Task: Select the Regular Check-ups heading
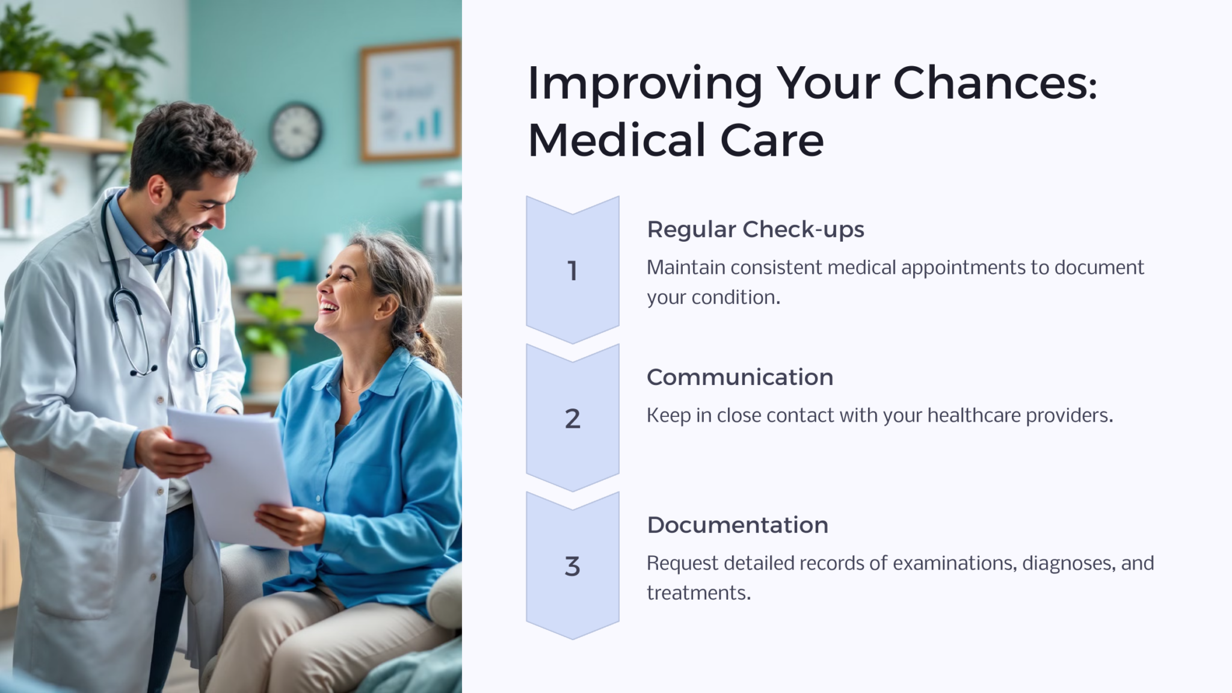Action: (756, 229)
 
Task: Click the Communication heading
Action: (740, 377)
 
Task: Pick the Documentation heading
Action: (738, 525)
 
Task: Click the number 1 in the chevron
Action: (572, 271)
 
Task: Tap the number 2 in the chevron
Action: (573, 418)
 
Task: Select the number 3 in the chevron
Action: (573, 566)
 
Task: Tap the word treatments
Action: (699, 593)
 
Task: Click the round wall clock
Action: (296, 131)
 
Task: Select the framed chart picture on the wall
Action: (410, 100)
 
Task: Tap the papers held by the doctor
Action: (235, 475)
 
